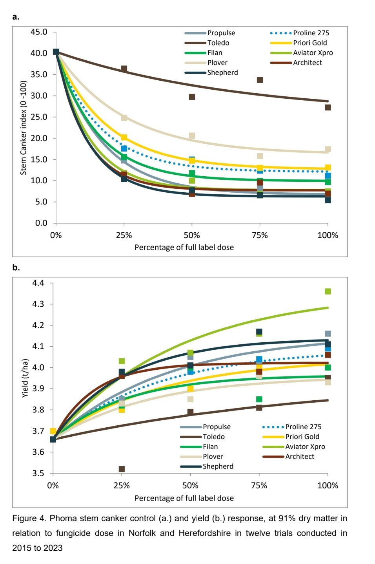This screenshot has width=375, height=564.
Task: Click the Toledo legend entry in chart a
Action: pyautogui.click(x=218, y=43)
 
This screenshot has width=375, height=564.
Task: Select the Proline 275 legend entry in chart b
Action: pyautogui.click(x=303, y=427)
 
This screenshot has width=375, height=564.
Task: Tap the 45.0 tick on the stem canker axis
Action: pyautogui.click(x=39, y=32)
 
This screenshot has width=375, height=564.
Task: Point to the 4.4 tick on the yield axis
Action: pyautogui.click(x=38, y=283)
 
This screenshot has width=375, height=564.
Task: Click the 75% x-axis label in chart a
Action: pyautogui.click(x=260, y=235)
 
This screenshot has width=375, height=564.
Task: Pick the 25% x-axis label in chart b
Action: pyautogui.click(x=122, y=486)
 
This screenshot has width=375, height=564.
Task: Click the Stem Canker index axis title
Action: pyautogui.click(x=24, y=128)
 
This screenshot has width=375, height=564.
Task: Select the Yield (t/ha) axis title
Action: pyautogui.click(x=25, y=378)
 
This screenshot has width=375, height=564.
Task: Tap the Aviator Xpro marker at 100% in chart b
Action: pyautogui.click(x=328, y=291)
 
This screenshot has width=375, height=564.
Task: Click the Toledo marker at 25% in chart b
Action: pyautogui.click(x=122, y=469)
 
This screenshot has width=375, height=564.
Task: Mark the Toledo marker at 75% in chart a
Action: pyautogui.click(x=260, y=80)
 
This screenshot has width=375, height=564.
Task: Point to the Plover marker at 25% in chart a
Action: pyautogui.click(x=124, y=117)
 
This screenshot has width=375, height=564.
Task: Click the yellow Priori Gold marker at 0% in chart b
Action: pyautogui.click(x=53, y=431)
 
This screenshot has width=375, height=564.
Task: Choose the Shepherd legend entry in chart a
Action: pyautogui.click(x=222, y=72)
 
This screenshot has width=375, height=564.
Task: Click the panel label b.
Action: pyautogui.click(x=16, y=268)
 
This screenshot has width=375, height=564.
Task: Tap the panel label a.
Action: pyautogui.click(x=16, y=17)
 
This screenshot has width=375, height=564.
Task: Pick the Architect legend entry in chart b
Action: pyautogui.click(x=300, y=456)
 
